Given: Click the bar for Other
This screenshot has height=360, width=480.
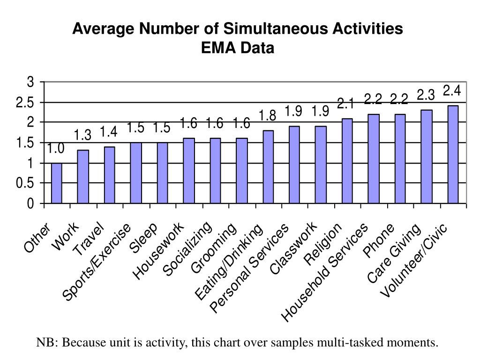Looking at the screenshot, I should tap(56, 183).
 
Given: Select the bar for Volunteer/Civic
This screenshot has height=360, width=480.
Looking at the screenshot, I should tap(453, 155).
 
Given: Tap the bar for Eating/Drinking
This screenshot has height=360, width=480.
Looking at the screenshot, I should tap(268, 167).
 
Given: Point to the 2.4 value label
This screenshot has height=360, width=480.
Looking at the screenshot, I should tap(452, 90).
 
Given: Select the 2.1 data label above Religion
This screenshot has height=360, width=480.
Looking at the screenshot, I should tap(346, 103).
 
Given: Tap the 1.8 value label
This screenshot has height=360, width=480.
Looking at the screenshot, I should tap(268, 115).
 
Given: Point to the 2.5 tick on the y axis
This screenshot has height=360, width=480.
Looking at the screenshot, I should tap(25, 103).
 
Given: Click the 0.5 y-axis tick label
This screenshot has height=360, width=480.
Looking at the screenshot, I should tap(25, 184).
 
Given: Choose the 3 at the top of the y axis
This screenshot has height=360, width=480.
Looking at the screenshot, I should tap(31, 82).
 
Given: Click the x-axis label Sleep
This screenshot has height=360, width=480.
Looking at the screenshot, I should tap(143, 239).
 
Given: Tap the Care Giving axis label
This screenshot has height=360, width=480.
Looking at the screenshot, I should tap(394, 254).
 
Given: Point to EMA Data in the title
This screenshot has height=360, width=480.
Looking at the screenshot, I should tap(238, 48).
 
